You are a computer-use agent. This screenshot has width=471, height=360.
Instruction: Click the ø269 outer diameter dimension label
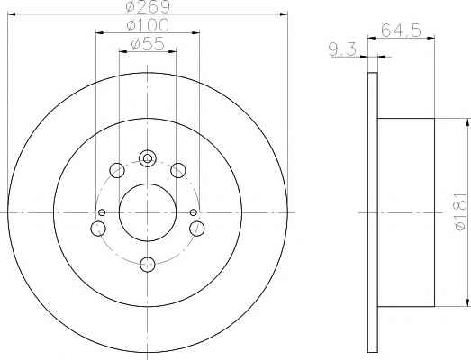(148, 6)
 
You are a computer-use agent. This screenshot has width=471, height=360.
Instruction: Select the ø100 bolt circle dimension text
(148, 25)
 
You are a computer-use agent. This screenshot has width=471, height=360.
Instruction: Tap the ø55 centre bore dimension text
(148, 44)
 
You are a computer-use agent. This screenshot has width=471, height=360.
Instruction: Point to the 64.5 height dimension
(402, 30)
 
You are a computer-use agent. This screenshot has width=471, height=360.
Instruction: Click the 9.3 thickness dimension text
(342, 49)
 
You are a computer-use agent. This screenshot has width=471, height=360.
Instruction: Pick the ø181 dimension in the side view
(461, 211)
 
